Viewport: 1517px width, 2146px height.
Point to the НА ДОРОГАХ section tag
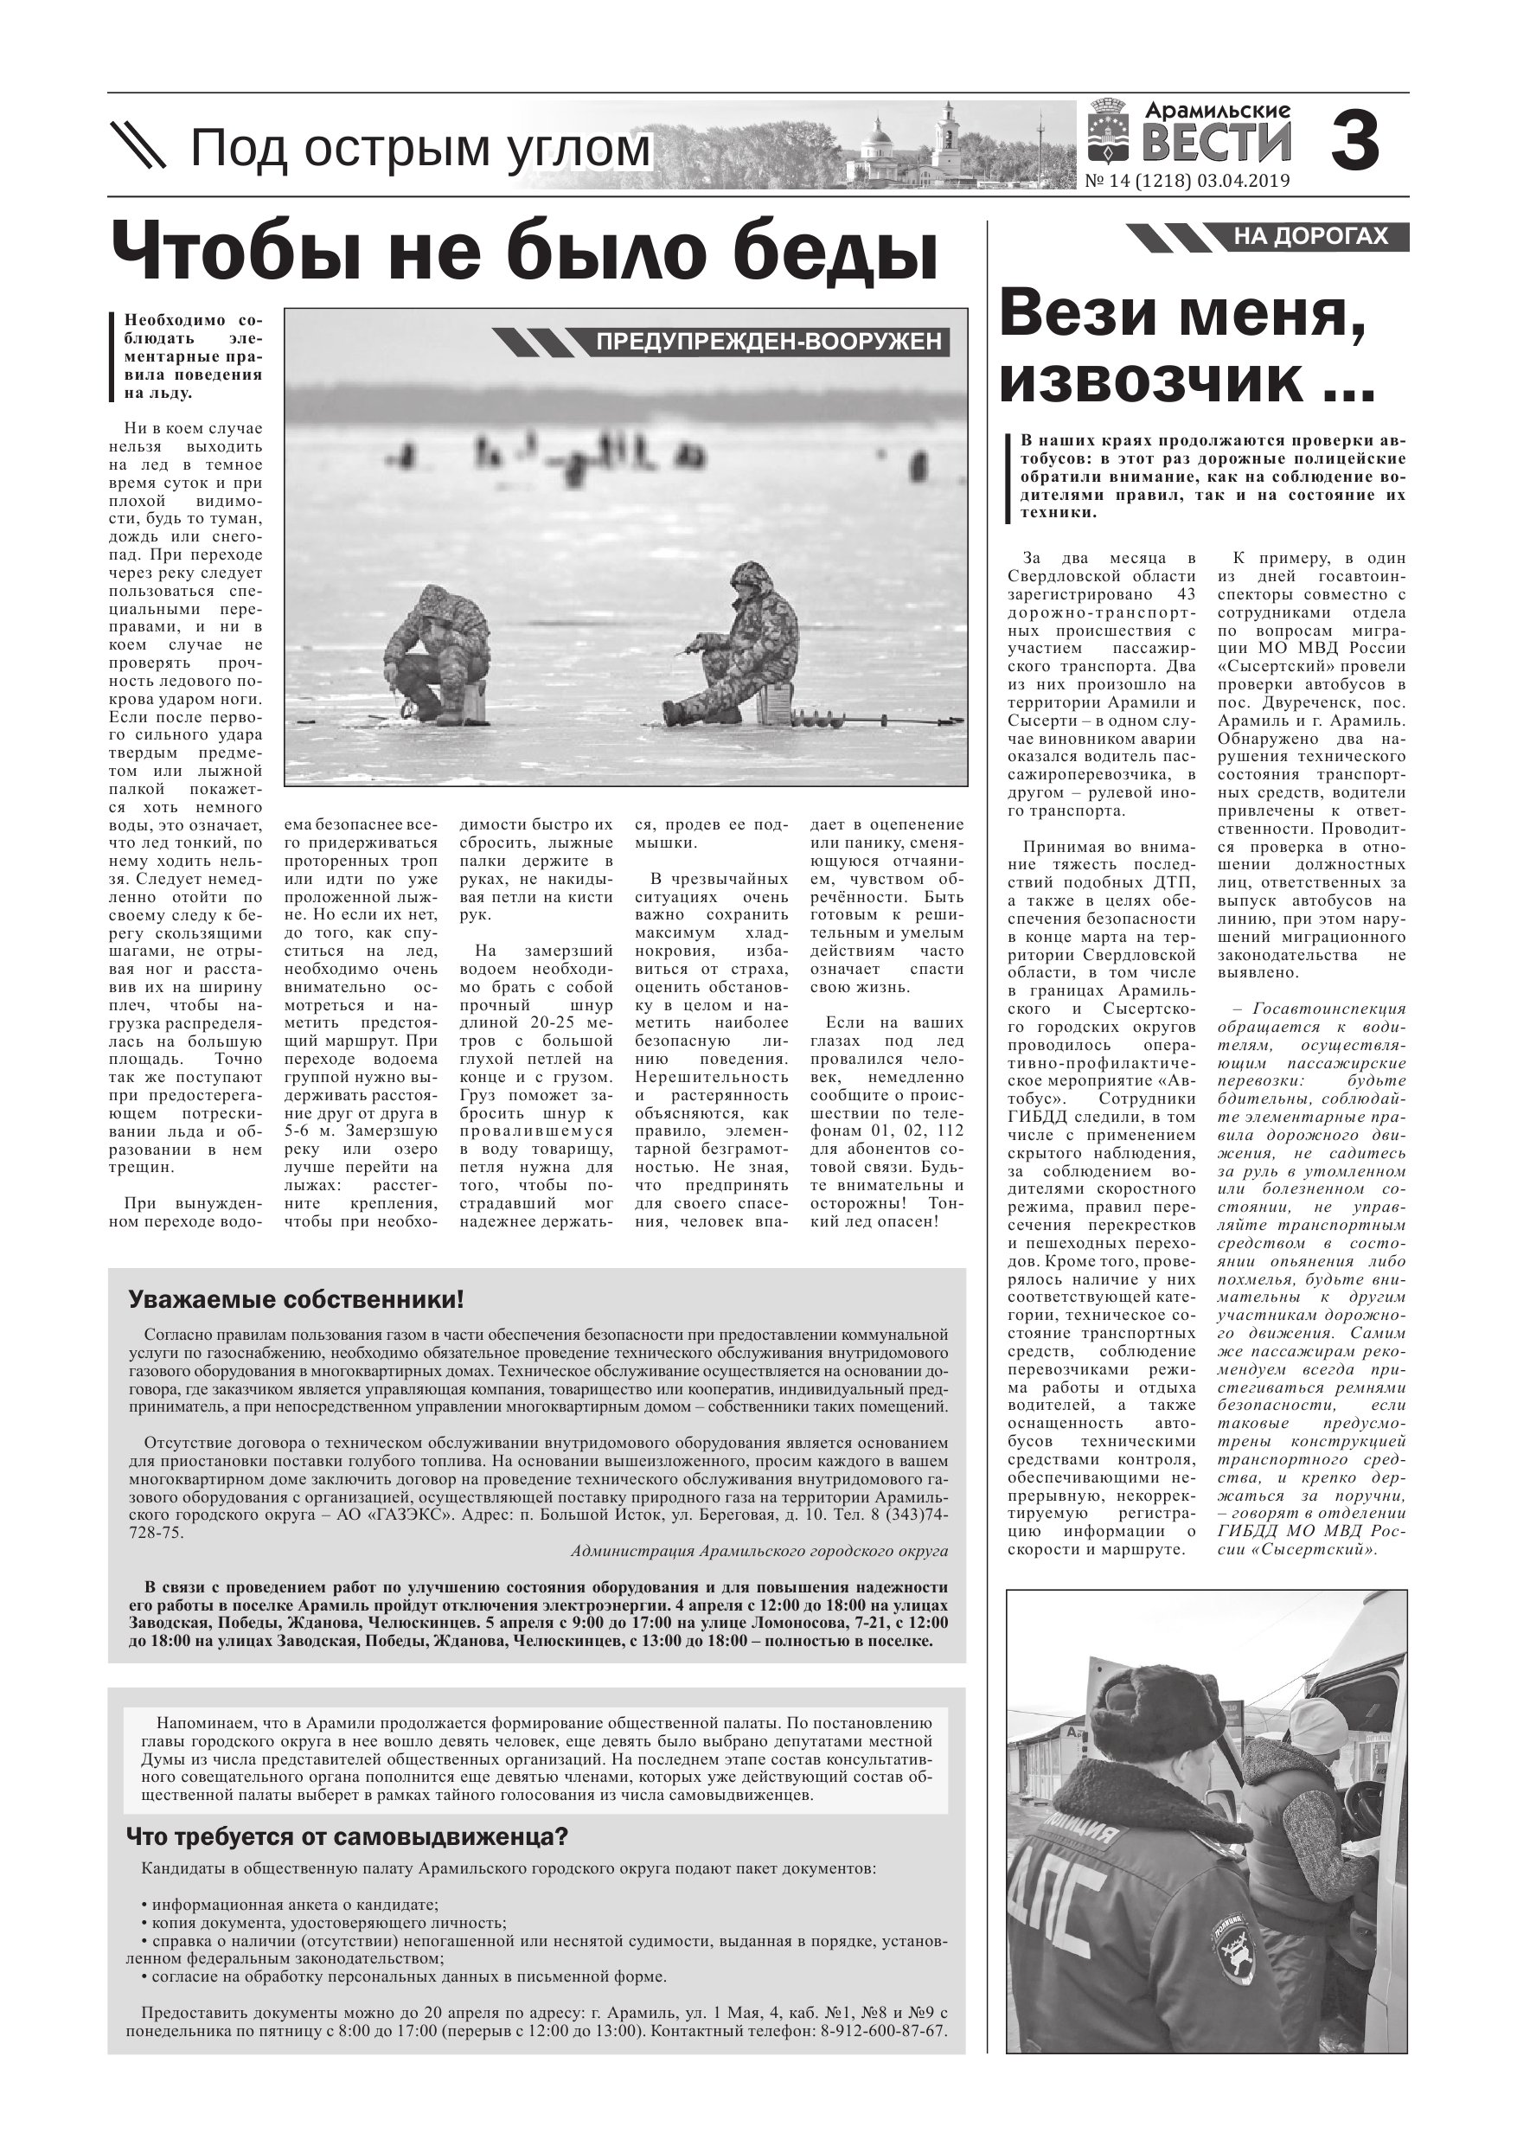click(x=1309, y=237)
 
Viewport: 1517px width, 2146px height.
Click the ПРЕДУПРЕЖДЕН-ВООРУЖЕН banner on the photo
click(x=768, y=342)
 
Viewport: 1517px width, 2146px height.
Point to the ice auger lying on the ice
click(x=874, y=720)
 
